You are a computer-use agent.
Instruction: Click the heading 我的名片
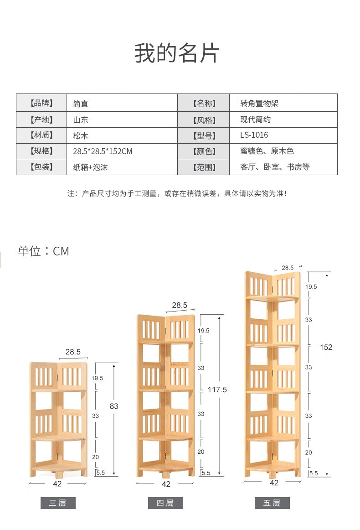[x=177, y=54]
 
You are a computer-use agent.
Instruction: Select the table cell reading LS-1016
[x=254, y=135]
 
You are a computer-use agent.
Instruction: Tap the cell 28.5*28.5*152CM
[x=103, y=151]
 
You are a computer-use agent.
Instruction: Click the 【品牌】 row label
[x=41, y=103]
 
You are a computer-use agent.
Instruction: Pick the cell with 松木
[x=81, y=135]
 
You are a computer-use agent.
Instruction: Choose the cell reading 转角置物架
[x=259, y=103]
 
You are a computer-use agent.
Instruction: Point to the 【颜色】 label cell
[x=204, y=151]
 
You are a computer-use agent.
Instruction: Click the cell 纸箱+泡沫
[x=90, y=167]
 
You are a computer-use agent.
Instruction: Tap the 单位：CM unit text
[x=43, y=251]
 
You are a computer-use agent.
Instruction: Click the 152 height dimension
[x=326, y=347]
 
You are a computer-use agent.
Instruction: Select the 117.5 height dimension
[x=217, y=390]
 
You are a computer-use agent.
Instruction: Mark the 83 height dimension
[x=114, y=406]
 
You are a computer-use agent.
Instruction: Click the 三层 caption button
[x=57, y=503]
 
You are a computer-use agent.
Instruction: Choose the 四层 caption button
[x=165, y=503]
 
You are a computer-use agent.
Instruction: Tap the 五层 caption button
[x=272, y=503]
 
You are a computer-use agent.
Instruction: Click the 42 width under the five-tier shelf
[x=274, y=483]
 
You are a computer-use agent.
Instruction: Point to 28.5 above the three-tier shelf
[x=73, y=352]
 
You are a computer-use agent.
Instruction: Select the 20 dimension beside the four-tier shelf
[x=201, y=452]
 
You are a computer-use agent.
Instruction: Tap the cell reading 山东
[x=81, y=120]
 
